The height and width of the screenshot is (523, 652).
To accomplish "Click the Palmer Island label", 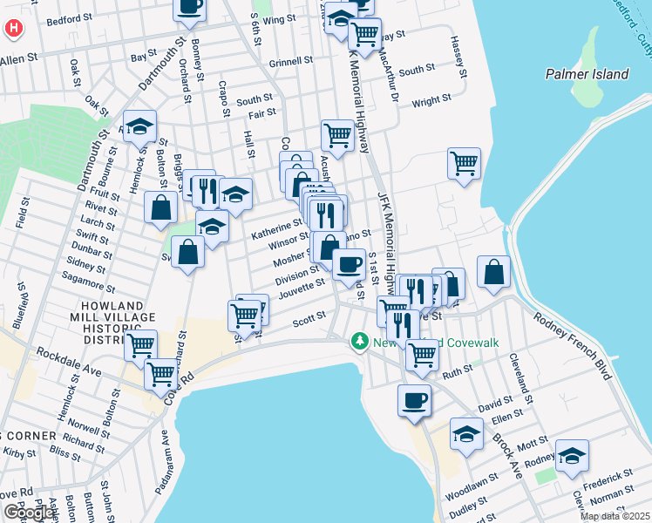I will pos(587,74).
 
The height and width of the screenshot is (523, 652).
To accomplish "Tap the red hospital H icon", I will pos(13,28).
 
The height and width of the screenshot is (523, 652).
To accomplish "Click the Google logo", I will pos(29,513).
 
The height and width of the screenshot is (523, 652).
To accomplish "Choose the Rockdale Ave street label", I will pos(71,358).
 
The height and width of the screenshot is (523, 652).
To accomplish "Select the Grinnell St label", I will pos(291,62).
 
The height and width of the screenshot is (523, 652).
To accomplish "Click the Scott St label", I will pos(309,321).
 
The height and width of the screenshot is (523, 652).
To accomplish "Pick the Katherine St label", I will pos(276,228).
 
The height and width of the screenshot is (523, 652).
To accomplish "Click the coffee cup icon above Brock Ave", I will pos(414,400).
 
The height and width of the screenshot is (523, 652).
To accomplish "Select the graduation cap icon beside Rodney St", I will pos(572,455).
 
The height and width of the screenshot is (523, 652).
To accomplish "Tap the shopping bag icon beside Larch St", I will pos(162,207).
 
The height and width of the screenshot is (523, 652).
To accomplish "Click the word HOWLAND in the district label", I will pos(105,306).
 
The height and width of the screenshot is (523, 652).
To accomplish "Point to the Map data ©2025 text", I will pos(614,516).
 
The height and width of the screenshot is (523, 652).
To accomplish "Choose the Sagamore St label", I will pos(88,282).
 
